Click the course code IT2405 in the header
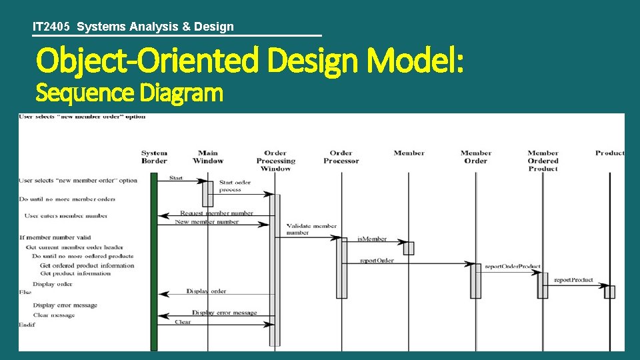53,27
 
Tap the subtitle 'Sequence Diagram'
129,93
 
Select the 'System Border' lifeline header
154,157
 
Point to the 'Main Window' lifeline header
208,157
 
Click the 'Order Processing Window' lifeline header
275,161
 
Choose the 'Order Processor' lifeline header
341,157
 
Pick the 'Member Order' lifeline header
475,157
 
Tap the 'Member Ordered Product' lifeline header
543,161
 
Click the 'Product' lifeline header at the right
609,153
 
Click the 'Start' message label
176,178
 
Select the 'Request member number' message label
216,213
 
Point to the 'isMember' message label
372,239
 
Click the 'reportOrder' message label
377,261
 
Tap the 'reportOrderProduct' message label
512,267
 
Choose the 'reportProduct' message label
573,280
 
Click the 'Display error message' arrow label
224,313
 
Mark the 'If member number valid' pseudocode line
55,237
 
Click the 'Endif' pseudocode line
27,325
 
